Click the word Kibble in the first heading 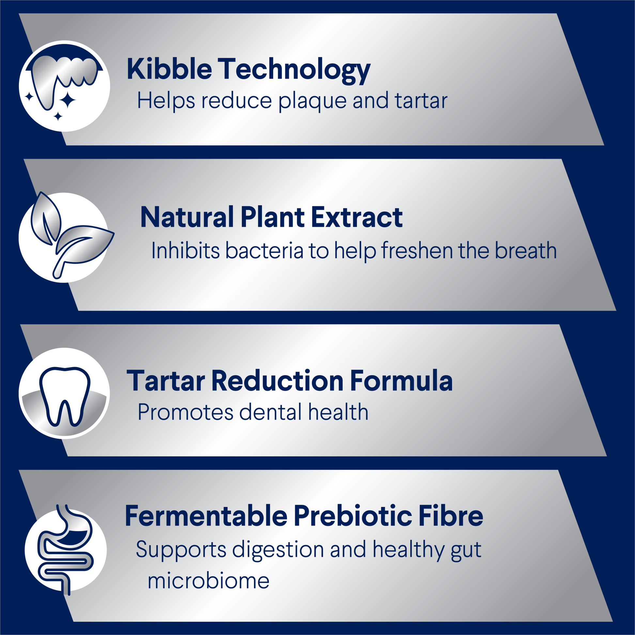click(169, 69)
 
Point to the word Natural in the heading click(187, 217)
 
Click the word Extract click(357, 217)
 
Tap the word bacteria click(264, 251)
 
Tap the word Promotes click(185, 412)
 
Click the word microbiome click(209, 581)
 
